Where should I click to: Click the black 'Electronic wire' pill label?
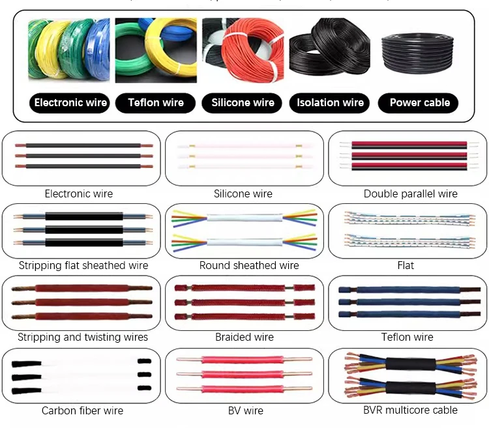(x=70, y=103)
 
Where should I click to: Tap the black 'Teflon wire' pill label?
(x=156, y=103)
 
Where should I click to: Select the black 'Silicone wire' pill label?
(x=243, y=103)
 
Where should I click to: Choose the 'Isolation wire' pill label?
(x=330, y=103)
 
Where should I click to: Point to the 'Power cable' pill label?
(x=419, y=103)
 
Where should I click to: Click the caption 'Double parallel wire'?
(x=410, y=194)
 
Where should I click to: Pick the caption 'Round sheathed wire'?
(x=249, y=266)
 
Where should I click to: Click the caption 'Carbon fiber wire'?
(x=82, y=411)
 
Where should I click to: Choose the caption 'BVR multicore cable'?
(x=410, y=410)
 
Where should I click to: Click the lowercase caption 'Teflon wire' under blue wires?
(x=407, y=337)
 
